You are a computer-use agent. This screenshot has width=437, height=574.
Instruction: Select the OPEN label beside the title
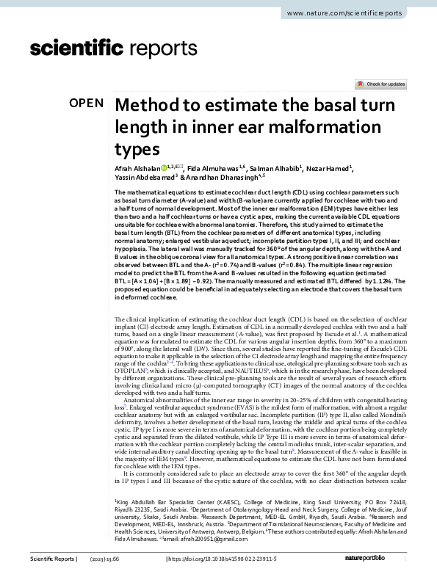87,103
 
